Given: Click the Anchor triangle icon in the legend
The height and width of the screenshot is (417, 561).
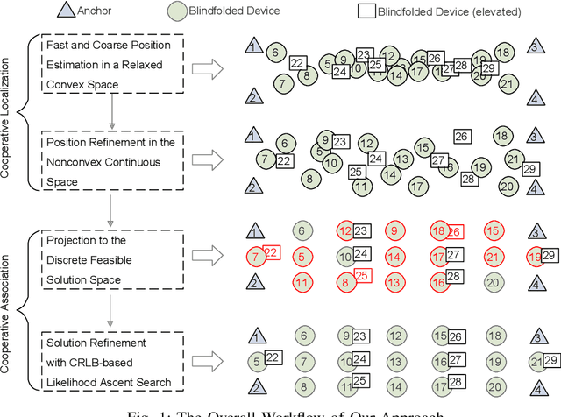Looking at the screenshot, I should (18, 11).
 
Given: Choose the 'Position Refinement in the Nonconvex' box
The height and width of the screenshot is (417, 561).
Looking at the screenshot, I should (120, 160).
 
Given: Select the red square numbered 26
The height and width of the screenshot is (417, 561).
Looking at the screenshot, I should (454, 231).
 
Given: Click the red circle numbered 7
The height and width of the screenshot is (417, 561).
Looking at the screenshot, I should (255, 257).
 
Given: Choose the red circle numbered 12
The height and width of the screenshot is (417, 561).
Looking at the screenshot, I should (345, 231).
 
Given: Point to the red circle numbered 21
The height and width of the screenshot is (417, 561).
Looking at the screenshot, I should (493, 257).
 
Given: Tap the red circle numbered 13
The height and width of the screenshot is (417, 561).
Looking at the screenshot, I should (394, 282).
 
